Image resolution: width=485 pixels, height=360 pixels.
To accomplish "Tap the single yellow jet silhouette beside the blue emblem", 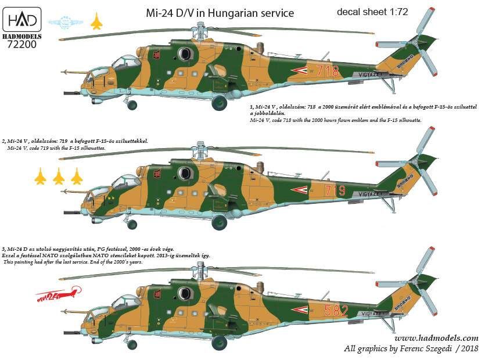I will point(96,22).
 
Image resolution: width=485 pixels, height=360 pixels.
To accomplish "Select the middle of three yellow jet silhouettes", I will point(59,176).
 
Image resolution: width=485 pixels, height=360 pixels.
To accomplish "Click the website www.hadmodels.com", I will point(436,338).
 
